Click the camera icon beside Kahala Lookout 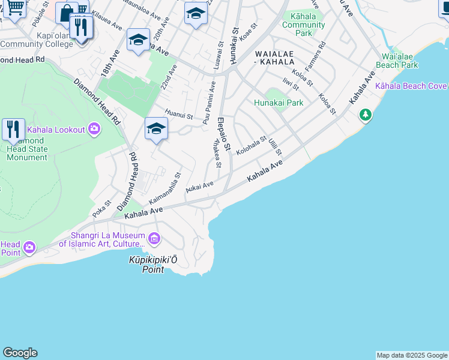[x=94, y=129]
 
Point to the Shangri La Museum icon [x=154, y=239]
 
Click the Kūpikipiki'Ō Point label [x=154, y=265]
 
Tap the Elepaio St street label [x=224, y=134]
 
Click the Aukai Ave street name [x=199, y=187]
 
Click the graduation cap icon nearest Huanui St [x=156, y=128]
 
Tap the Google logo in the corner [x=20, y=353]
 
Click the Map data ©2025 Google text [x=412, y=355]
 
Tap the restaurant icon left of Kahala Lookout [x=13, y=129]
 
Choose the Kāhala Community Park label [x=303, y=25]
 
